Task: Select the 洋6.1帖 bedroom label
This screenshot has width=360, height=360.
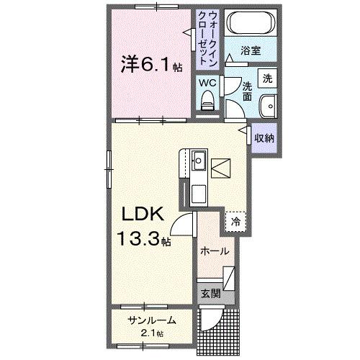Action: click(150, 64)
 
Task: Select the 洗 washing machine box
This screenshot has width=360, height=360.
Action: click(267, 78)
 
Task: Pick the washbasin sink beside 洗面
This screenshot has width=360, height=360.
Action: click(269, 104)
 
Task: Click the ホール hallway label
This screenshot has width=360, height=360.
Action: click(215, 251)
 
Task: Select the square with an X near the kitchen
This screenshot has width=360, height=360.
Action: click(222, 167)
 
